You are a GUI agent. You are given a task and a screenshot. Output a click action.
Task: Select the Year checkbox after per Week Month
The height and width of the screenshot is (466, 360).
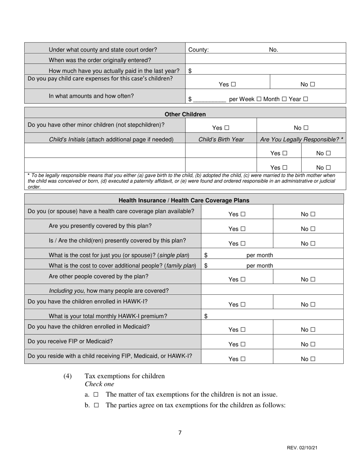point(305,99)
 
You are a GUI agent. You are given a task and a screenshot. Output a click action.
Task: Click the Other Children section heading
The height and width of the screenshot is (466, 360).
point(185,114)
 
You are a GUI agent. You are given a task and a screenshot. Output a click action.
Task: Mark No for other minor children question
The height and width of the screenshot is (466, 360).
point(306,128)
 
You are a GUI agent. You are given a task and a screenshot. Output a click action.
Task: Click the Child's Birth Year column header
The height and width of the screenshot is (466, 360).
point(221,139)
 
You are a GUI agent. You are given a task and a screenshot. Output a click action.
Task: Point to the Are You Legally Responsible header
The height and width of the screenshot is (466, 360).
point(302,139)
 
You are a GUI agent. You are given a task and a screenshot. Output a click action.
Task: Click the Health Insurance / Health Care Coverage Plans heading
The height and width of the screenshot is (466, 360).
point(184,200)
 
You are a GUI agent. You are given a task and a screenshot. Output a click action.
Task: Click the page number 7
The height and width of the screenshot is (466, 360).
point(180,433)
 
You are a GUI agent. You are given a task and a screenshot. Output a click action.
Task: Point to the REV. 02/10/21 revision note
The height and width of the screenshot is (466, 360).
point(302,448)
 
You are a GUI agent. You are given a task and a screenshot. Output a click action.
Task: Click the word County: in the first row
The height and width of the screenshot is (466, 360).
point(198,50)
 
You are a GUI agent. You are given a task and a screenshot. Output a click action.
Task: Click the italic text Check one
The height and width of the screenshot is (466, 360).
point(99,384)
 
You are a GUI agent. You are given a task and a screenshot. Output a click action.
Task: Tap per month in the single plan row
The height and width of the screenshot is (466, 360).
point(260,255)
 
